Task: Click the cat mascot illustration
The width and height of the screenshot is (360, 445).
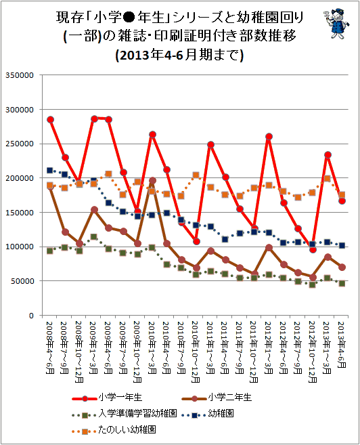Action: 336,24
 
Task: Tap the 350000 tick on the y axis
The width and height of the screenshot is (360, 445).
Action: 20,75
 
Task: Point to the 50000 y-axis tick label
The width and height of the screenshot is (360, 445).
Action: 22,281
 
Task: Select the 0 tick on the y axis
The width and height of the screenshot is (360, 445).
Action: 31,316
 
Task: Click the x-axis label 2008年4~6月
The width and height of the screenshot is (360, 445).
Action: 49,348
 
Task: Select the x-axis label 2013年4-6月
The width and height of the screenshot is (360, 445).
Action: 342,345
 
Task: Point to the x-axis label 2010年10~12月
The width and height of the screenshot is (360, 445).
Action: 196,352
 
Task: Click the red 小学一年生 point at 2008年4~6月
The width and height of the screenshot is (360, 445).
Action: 51,119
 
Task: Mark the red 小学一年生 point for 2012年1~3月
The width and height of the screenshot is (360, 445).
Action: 269,137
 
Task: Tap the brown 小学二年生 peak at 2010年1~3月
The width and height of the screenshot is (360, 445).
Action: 152,180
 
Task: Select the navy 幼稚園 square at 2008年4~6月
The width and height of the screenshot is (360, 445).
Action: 49,170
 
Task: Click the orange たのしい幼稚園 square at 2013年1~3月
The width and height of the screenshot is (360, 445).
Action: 327,179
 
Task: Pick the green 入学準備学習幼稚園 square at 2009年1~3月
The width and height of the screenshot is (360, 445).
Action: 93,236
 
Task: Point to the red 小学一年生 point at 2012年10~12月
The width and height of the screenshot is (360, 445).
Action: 313,249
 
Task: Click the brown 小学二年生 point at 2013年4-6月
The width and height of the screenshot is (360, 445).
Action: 342,267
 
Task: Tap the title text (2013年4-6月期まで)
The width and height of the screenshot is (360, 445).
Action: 179,55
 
